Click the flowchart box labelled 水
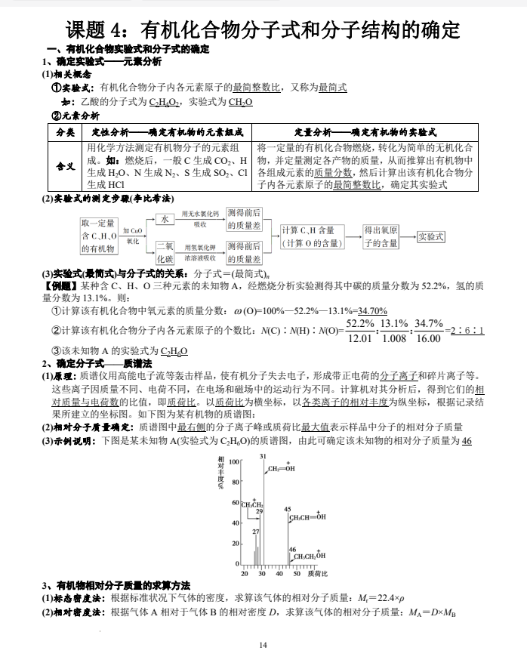pyautogui.click(x=164, y=218)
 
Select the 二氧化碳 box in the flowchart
pyautogui.click(x=164, y=252)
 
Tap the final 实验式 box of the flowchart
pyautogui.click(x=430, y=236)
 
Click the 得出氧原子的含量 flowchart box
pyautogui.click(x=381, y=236)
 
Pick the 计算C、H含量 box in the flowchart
pyautogui.click(x=311, y=236)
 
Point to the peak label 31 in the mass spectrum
pyautogui.click(x=263, y=457)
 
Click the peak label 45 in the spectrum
pyautogui.click(x=288, y=510)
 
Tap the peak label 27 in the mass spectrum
pyautogui.click(x=255, y=532)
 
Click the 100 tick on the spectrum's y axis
pyautogui.click(x=233, y=461)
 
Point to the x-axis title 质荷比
pyautogui.click(x=322, y=574)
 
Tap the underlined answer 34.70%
pyautogui.click(x=372, y=310)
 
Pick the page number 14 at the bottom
pyautogui.click(x=263, y=644)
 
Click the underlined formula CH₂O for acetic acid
pyautogui.click(x=240, y=102)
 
